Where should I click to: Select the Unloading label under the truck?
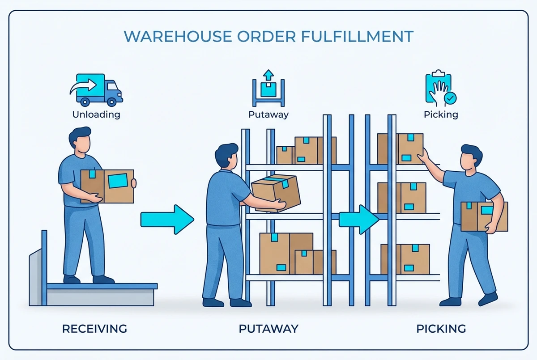pyautogui.click(x=96, y=114)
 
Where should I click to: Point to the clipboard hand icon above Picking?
pyautogui.click(x=440, y=89)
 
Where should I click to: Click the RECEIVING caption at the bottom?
pyautogui.click(x=94, y=329)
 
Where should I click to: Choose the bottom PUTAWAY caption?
pyautogui.click(x=268, y=329)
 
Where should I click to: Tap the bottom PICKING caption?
pyautogui.click(x=441, y=329)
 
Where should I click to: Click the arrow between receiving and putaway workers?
pyautogui.click(x=167, y=219)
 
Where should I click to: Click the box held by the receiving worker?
pyautogui.click(x=107, y=186)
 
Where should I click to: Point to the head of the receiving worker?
pyautogui.click(x=81, y=141)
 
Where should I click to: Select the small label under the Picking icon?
pyautogui.click(x=441, y=114)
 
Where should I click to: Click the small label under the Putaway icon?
pyautogui.click(x=268, y=114)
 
